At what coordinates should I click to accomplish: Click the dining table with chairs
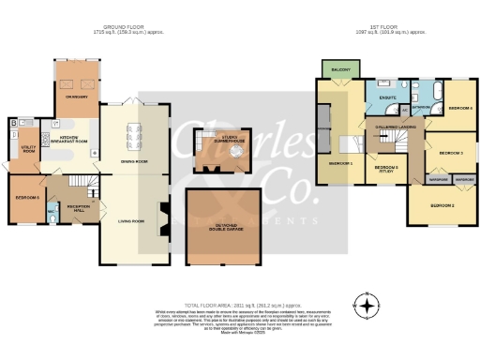pos(137,131)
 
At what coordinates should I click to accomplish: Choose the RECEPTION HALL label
pos(69,205)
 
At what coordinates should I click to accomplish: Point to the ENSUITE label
pos(386,97)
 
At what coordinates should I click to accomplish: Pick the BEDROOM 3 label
pos(452,152)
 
